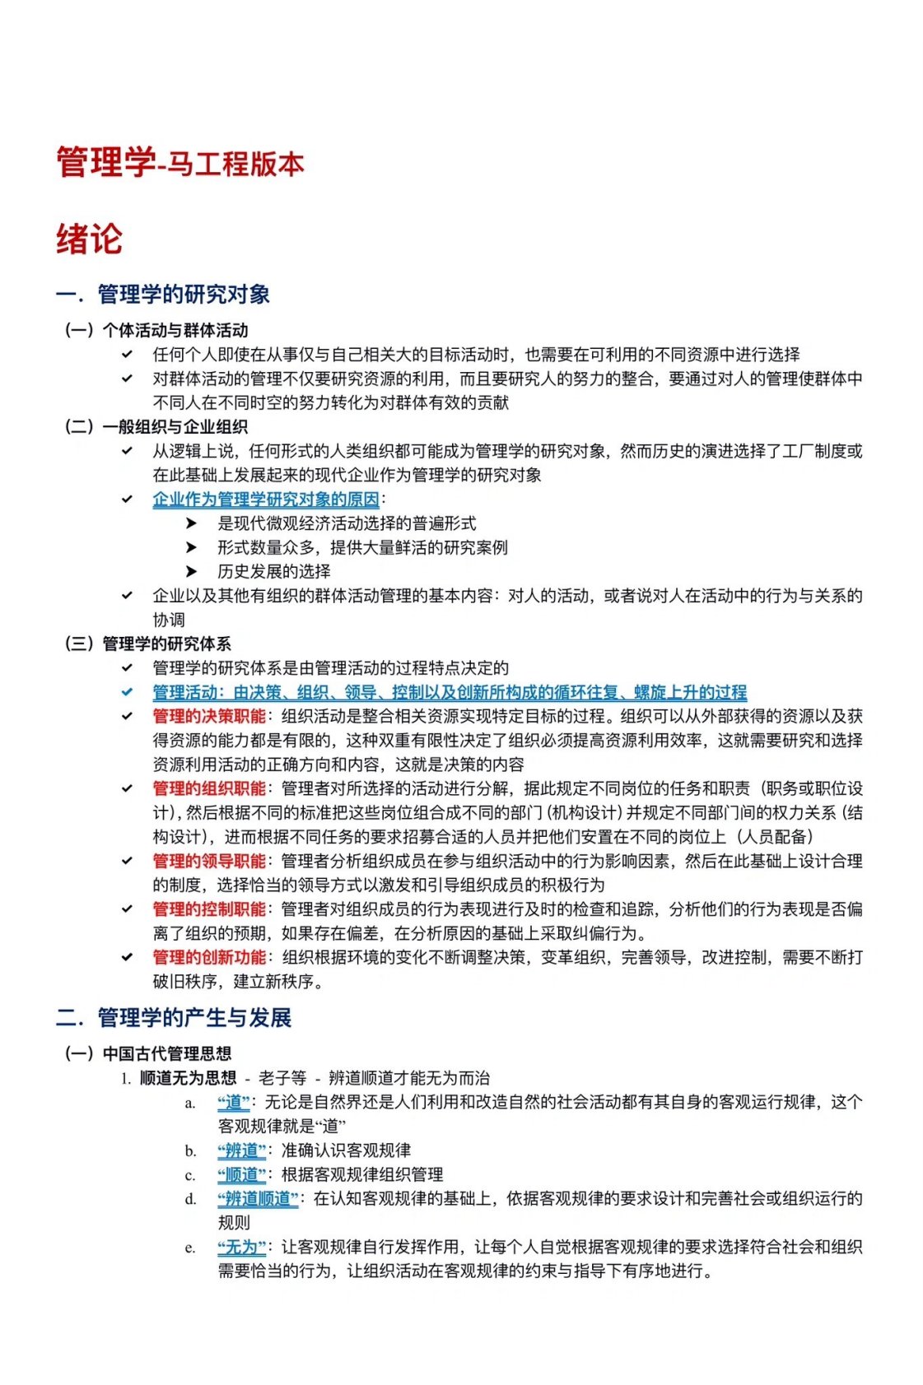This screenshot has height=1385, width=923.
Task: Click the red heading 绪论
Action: pos(89,239)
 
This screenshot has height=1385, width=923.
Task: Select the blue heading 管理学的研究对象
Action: pos(183,294)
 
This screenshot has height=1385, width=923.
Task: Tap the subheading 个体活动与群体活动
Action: pos(175,330)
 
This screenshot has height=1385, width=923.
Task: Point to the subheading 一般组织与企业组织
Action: pos(175,426)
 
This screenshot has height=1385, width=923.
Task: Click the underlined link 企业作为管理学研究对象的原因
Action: pos(266,499)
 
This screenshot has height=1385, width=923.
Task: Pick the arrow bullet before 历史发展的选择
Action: pos(191,571)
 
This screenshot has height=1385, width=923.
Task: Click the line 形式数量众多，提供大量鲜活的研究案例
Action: pos(362,547)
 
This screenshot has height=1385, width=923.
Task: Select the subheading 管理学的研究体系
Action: pos(166,644)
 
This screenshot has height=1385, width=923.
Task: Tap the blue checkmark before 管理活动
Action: pos(127,692)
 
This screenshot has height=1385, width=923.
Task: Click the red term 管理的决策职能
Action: pos(209,716)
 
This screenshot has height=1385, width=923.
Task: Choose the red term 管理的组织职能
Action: pos(209,788)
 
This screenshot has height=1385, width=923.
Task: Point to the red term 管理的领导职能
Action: pos(209,861)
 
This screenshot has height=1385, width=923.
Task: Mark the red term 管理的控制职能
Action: pos(209,909)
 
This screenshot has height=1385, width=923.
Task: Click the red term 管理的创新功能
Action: pos(209,957)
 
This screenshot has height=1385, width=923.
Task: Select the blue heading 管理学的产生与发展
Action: pos(194,1017)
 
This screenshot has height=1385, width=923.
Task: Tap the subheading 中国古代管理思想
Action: pos(166,1053)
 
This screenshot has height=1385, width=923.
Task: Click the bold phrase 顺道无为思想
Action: pos(188,1078)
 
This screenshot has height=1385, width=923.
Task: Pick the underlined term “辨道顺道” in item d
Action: pos(258,1198)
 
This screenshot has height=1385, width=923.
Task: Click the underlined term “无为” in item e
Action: pos(241,1247)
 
